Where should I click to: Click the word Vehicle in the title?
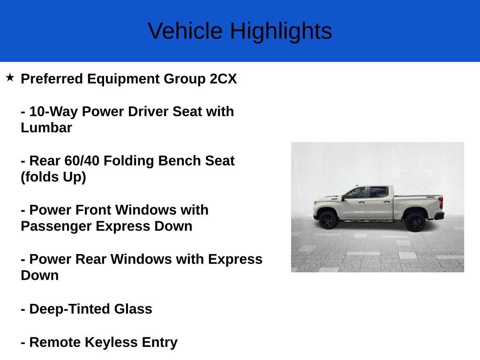click(185, 31)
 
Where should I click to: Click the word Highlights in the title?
click(281, 32)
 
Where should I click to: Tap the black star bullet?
click(10, 77)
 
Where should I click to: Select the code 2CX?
click(223, 79)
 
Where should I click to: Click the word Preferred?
click(52, 79)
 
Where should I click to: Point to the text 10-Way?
click(53, 112)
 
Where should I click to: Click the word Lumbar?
click(46, 127)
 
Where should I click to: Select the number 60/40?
click(82, 161)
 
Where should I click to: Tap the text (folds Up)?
click(53, 177)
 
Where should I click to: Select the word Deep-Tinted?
click(69, 309)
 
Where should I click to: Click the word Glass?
click(133, 309)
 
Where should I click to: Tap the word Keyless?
click(111, 343)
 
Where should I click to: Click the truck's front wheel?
click(328, 220)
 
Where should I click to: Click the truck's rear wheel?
click(415, 222)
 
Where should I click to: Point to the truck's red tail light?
click(441, 202)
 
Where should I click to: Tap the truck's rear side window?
click(379, 192)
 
